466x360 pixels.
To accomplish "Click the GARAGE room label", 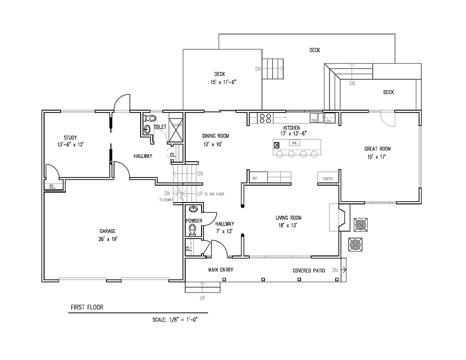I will click(107, 231).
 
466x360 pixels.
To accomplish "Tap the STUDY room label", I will click(71, 138).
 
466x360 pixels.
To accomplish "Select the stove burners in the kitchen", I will click(265, 118).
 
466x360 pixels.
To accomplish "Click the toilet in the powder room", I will click(192, 229).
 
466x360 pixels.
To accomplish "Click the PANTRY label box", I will click(328, 179).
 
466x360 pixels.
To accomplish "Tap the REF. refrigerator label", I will click(256, 179).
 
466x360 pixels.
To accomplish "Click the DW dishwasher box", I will click(328, 120).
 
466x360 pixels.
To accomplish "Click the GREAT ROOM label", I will click(377, 149).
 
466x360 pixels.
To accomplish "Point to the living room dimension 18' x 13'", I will click(288, 225).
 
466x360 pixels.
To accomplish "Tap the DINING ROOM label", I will click(216, 136).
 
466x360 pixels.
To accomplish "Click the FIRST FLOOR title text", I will click(87, 307).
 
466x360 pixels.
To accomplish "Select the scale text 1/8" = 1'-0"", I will click(178, 320).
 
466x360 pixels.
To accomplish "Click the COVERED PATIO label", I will click(308, 270).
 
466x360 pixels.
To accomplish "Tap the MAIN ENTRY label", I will click(221, 270).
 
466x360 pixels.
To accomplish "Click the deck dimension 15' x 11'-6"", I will click(223, 82).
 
